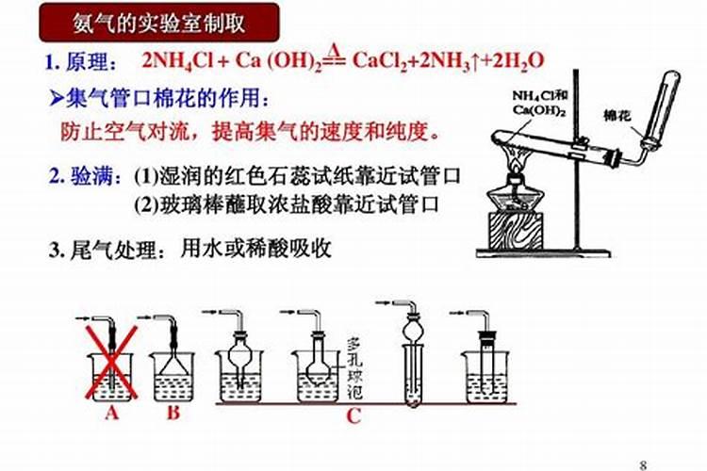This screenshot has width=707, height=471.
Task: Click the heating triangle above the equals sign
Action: pos(334,49)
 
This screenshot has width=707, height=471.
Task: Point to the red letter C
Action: pos(352,416)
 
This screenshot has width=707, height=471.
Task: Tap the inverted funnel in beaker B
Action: pos(174,361)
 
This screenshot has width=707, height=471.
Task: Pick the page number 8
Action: pos(643,462)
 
